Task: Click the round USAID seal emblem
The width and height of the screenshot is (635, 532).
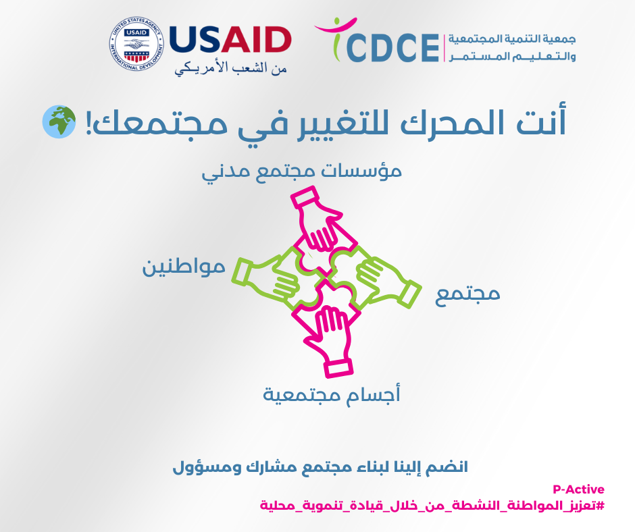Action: coord(136,44)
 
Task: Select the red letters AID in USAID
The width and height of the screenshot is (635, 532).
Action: coord(256,39)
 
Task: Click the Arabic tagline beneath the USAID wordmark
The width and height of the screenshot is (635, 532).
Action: coord(231,68)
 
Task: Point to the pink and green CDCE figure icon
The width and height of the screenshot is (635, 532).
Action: coord(335,39)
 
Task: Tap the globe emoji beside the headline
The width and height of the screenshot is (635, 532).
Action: coord(59,122)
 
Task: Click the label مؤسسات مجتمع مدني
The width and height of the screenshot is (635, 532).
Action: coord(302,171)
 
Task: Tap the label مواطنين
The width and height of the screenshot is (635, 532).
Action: coord(184,267)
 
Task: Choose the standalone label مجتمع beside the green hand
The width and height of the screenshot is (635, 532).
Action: coord(467,294)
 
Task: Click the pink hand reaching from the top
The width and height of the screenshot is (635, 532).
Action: coord(320,221)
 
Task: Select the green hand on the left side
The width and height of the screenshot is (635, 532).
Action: coord(268,278)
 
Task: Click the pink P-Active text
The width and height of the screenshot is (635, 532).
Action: coord(578,489)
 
